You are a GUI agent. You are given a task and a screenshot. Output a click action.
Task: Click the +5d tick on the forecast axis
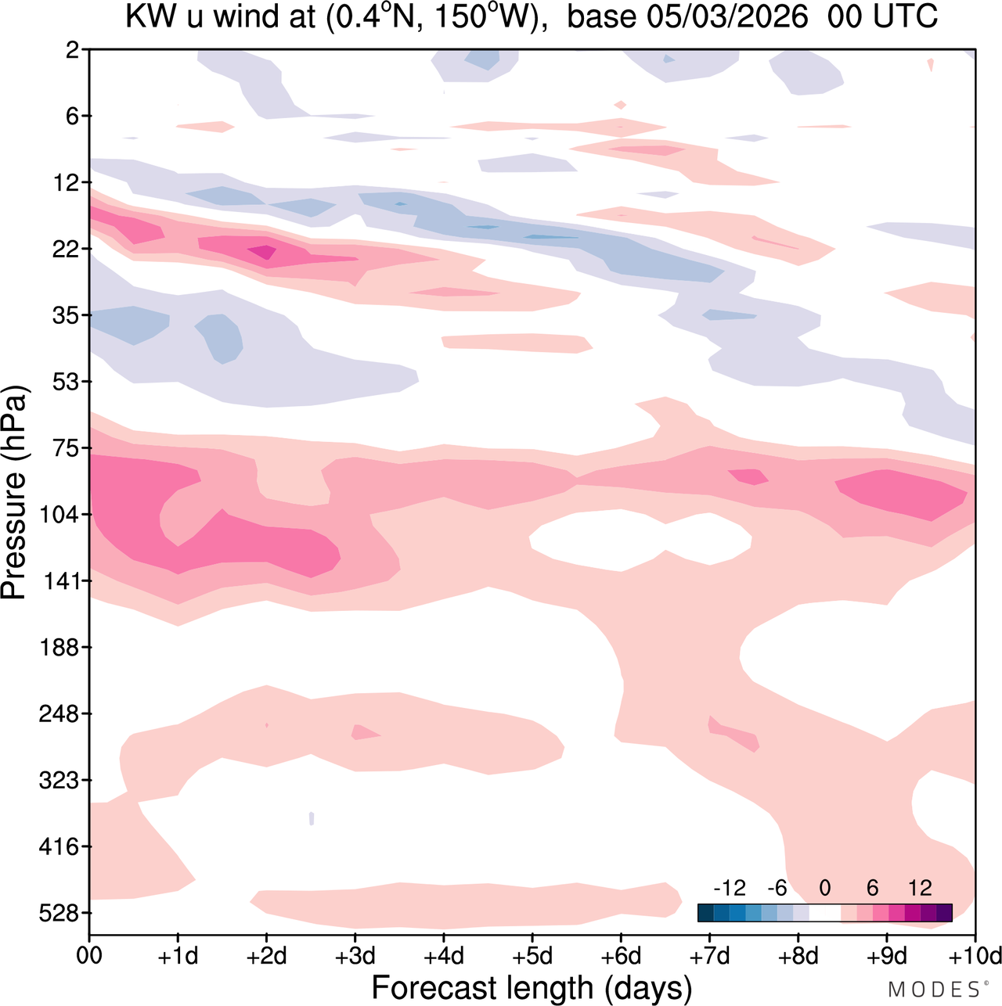point(532,957)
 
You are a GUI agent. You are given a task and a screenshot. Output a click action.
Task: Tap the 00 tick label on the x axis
point(89,957)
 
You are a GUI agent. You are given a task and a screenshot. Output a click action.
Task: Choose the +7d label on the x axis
point(710,957)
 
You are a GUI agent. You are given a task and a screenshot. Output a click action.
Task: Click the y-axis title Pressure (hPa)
point(14,493)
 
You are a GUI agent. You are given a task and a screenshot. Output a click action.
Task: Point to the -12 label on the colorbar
point(729,889)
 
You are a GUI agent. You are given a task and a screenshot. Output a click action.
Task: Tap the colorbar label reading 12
point(921,889)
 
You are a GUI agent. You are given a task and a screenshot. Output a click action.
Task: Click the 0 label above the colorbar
point(824,889)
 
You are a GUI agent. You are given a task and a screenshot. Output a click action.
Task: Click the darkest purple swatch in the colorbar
point(944,913)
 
